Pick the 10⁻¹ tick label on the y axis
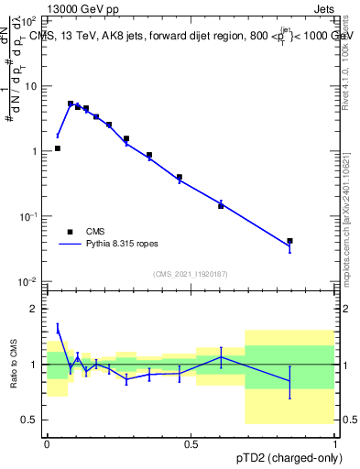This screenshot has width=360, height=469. pos(30,216)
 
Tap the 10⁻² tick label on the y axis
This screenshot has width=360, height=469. pos(30,281)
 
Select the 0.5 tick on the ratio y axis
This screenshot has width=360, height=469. pos(32,420)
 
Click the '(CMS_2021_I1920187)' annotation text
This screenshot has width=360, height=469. pos(190,274)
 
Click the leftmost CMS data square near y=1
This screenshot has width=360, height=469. pos(57,148)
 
